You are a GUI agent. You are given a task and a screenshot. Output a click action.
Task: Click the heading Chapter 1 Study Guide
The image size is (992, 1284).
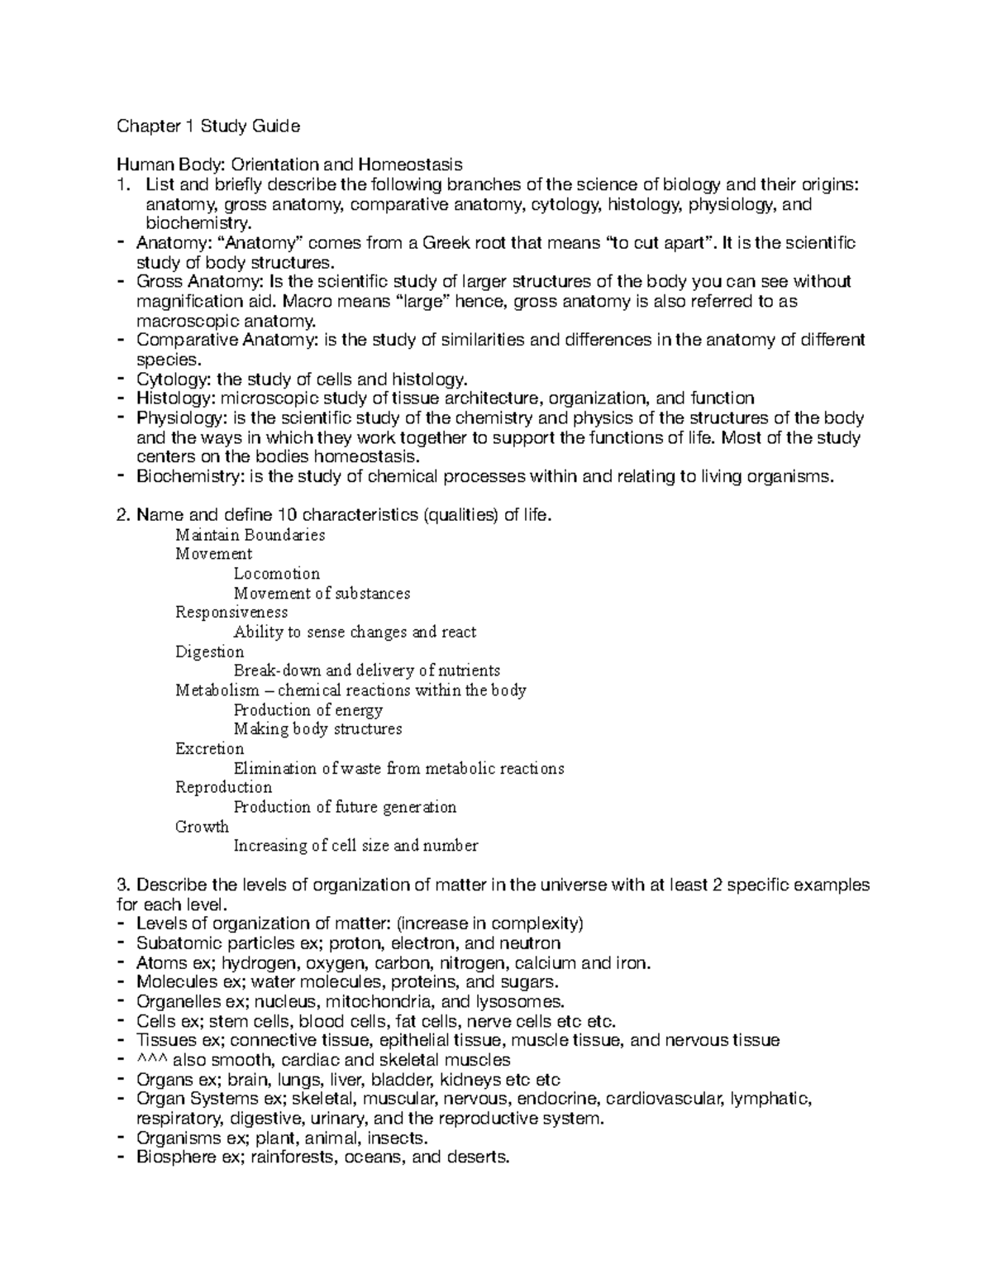(x=208, y=126)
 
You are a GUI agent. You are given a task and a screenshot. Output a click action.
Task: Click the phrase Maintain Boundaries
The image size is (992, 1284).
(x=250, y=535)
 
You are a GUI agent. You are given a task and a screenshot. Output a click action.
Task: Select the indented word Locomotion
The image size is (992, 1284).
(x=276, y=573)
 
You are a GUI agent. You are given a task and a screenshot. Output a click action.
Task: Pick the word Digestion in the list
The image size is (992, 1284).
(x=209, y=652)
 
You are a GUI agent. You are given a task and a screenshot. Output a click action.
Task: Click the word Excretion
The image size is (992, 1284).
(x=209, y=749)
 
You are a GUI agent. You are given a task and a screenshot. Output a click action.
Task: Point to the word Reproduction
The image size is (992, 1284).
(x=223, y=787)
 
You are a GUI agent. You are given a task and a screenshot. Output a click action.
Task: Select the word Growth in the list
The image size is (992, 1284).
(x=202, y=827)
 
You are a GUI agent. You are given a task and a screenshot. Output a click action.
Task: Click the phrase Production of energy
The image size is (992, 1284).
(x=308, y=710)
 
